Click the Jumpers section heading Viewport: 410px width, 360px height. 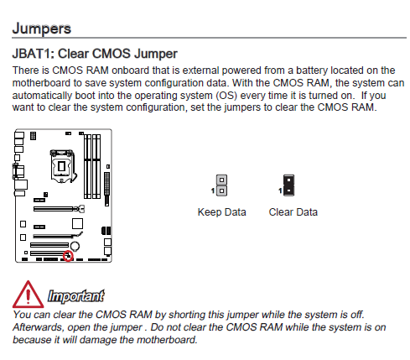tap(42, 29)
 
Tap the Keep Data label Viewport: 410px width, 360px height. tap(222, 212)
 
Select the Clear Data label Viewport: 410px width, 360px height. tap(293, 212)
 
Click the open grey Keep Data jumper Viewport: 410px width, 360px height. tap(221, 185)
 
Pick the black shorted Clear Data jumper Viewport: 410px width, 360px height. tap(288, 185)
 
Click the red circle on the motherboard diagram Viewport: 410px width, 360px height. tap(68, 256)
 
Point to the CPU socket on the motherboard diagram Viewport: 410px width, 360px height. tap(62, 166)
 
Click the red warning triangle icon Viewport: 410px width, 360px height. tap(28, 295)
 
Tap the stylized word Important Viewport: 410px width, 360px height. tap(76, 296)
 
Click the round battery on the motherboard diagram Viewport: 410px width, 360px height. tap(75, 246)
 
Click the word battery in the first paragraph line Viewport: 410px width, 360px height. tap(312, 70)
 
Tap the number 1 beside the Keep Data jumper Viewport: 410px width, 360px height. tap(213, 190)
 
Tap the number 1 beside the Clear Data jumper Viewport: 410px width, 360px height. tap(280, 190)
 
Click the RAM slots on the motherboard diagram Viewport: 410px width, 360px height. tap(92, 166)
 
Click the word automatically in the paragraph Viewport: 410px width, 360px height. tap(42, 96)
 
